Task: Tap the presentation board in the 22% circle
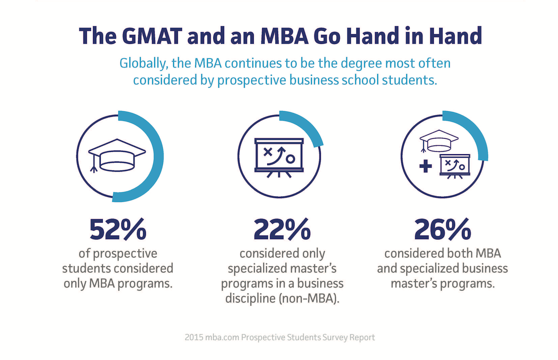(x=279, y=155)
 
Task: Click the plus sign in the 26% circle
(x=426, y=166)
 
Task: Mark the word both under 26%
(x=457, y=254)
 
